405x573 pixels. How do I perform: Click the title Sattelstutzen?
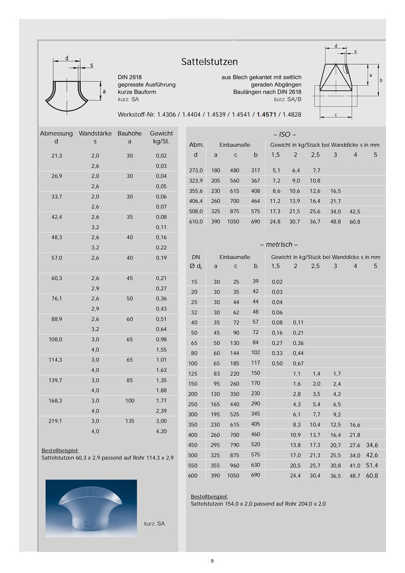[x=209, y=62]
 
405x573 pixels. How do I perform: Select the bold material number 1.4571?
[x=267, y=115]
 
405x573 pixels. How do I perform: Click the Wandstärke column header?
[x=95, y=133]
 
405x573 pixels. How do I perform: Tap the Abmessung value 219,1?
[x=57, y=421]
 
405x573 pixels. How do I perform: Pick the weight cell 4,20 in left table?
[x=161, y=431]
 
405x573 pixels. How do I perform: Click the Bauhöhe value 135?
[x=129, y=421]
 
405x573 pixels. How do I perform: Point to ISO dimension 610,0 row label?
[x=196, y=221]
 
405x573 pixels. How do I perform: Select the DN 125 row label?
[x=194, y=374]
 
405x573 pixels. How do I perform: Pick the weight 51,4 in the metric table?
[x=372, y=465]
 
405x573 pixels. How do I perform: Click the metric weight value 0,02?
[x=277, y=282]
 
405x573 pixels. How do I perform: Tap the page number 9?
[x=212, y=561]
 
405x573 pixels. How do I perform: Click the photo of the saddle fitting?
[x=91, y=509]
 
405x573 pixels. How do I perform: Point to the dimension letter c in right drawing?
[x=336, y=114]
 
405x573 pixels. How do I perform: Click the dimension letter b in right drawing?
[x=381, y=80]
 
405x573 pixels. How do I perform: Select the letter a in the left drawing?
[x=104, y=91]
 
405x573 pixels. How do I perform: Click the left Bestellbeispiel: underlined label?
[x=60, y=451]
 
